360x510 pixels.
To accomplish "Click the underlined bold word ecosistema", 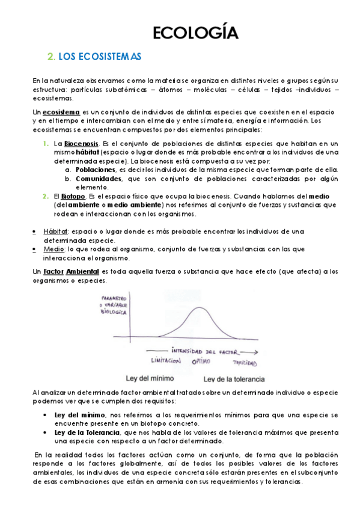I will click(61, 112).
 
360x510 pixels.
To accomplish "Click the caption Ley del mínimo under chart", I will click(154, 379).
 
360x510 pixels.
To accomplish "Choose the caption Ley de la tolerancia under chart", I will click(233, 379).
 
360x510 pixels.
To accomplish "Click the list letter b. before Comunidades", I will click(69, 179).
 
